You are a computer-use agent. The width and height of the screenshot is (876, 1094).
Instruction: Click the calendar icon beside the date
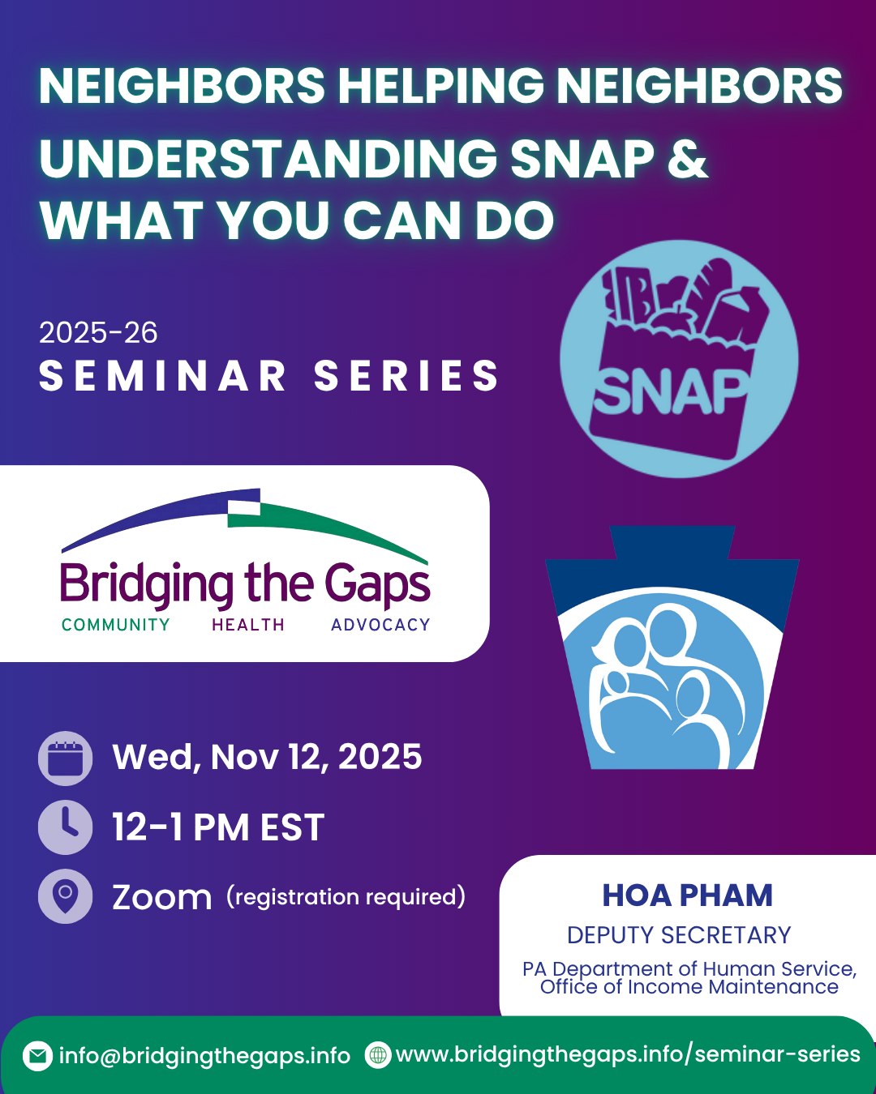(65, 759)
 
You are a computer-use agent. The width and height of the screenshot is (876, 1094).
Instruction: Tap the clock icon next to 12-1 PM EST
(65, 827)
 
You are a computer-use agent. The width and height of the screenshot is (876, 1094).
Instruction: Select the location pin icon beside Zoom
(65, 896)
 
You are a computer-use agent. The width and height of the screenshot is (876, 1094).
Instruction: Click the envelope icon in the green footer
(37, 1056)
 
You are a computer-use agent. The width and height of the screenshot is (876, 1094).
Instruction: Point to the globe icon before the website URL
(378, 1055)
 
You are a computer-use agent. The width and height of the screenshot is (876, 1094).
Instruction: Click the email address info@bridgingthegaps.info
(204, 1056)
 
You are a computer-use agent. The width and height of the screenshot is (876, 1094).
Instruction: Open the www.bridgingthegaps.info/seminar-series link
(627, 1054)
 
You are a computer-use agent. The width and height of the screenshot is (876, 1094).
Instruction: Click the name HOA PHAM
(687, 895)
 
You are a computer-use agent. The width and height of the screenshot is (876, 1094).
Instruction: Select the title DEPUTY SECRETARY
(679, 935)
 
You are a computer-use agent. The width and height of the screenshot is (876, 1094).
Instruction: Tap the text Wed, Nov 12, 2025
(267, 757)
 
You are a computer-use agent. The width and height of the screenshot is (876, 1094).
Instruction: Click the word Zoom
(161, 897)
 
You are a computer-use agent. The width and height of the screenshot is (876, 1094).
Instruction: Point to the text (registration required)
(346, 896)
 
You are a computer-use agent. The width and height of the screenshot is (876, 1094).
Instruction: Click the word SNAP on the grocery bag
(671, 393)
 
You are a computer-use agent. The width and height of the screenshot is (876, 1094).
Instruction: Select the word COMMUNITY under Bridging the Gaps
(116, 625)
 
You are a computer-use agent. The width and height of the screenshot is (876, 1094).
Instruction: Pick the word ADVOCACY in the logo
(380, 625)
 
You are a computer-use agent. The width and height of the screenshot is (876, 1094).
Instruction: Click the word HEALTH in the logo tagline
(248, 625)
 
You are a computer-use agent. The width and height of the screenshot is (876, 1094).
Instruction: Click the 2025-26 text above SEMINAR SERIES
(98, 333)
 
